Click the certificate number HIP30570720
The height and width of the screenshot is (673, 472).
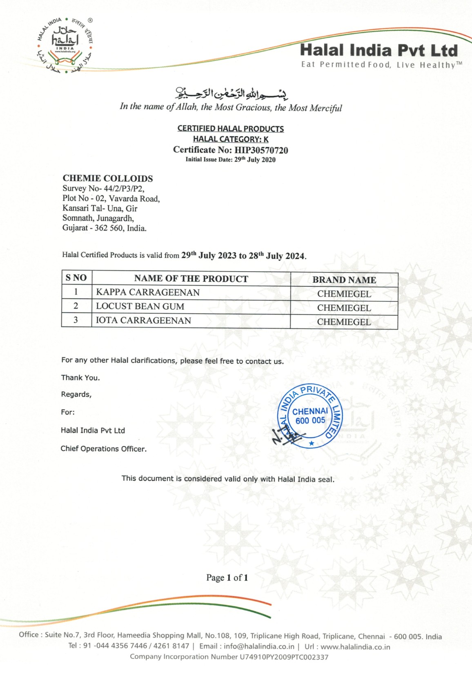[261, 150]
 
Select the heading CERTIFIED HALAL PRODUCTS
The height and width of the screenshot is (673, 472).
[230, 129]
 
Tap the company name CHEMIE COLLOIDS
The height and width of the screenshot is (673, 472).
[108, 178]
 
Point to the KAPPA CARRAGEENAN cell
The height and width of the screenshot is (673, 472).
[148, 293]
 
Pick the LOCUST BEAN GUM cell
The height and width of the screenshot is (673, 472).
[140, 307]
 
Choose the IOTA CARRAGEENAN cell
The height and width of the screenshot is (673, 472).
[143, 320]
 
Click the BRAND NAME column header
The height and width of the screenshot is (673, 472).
[344, 280]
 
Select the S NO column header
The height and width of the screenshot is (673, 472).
[76, 278]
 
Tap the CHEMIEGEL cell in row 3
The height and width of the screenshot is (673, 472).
[344, 322]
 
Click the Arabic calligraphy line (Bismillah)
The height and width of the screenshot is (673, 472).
[231, 93]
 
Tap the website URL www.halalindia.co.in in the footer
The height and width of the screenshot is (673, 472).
[355, 647]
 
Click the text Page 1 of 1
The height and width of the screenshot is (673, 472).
[227, 577]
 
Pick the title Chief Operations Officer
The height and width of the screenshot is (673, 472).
[103, 449]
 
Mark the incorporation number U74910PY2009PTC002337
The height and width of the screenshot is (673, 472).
[284, 657]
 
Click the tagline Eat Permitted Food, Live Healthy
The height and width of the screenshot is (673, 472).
[381, 65]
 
